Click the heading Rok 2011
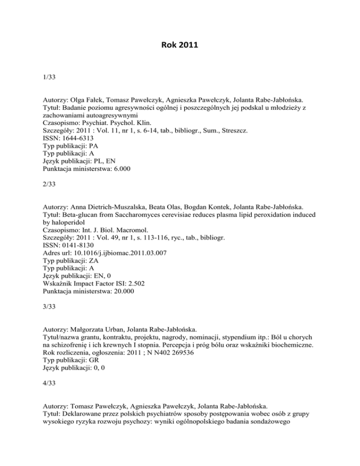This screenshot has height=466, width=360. (x=180, y=47)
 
